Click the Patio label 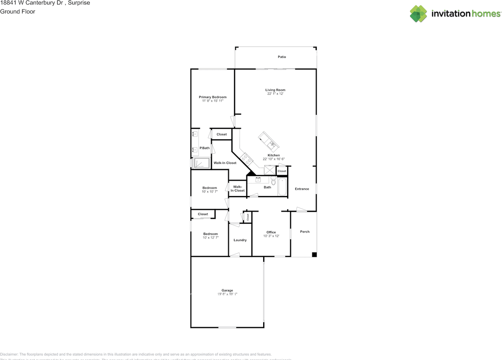282,57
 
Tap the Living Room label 275,90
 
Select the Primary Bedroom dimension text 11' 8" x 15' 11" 212,101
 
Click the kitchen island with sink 269,142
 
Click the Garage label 227,290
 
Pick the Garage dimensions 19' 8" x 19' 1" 227,294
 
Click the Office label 271,232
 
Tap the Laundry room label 240,240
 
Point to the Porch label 305,231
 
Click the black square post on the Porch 314,255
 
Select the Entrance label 302,189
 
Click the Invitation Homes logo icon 418,14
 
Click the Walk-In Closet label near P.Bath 225,163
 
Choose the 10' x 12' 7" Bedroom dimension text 210,238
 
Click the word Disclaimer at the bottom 9,354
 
